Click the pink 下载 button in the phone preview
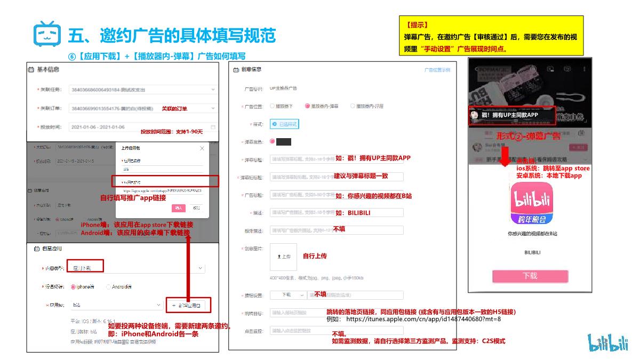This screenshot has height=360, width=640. [x=530, y=276]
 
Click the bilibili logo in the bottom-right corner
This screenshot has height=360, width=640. [x=608, y=342]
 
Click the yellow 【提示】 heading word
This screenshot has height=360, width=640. [x=417, y=25]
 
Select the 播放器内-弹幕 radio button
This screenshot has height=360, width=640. [x=307, y=106]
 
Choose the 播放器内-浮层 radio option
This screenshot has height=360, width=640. [x=353, y=106]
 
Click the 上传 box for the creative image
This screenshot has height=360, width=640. [x=283, y=257]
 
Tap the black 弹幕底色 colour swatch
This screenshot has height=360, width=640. [x=283, y=142]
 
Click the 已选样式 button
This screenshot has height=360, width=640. [x=285, y=124]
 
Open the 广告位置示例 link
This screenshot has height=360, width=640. [x=437, y=70]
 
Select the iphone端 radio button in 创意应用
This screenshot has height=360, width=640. [x=74, y=286]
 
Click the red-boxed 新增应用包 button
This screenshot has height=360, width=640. [x=189, y=305]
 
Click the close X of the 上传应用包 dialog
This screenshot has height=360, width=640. [x=202, y=148]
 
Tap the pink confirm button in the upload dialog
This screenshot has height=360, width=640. [x=179, y=208]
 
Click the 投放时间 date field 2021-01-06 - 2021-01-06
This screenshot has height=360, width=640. [x=141, y=127]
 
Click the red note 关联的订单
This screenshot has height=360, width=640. [x=174, y=109]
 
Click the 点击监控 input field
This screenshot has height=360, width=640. [x=336, y=331]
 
